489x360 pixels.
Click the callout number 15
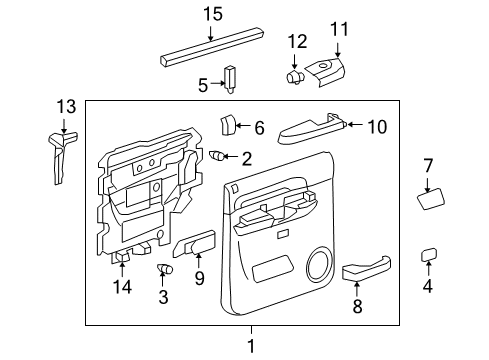point(211,14)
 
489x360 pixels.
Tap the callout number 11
point(337,30)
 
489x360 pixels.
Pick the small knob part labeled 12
point(296,73)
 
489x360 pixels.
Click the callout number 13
point(65,107)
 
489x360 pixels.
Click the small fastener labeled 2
point(218,155)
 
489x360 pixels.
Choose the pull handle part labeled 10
point(310,127)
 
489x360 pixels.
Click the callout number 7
point(427,165)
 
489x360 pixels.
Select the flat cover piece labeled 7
point(430,200)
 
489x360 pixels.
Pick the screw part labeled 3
point(163,268)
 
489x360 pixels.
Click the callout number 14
point(122,289)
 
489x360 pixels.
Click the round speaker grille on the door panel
point(322,265)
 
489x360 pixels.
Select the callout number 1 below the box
point(251,346)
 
